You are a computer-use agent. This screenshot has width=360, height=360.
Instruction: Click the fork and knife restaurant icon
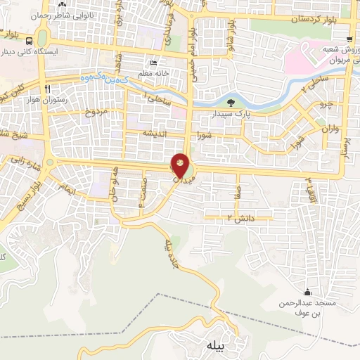pyautogui.click(x=47, y=89)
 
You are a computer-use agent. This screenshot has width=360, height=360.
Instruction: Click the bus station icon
pyautogui.click(x=27, y=40)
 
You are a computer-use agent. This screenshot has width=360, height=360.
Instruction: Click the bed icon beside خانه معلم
pyautogui.click(x=153, y=62)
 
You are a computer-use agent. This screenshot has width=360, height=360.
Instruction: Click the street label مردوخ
pyautogui.click(x=95, y=112)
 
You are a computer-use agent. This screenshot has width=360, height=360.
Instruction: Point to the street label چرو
pyautogui.click(x=326, y=104)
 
